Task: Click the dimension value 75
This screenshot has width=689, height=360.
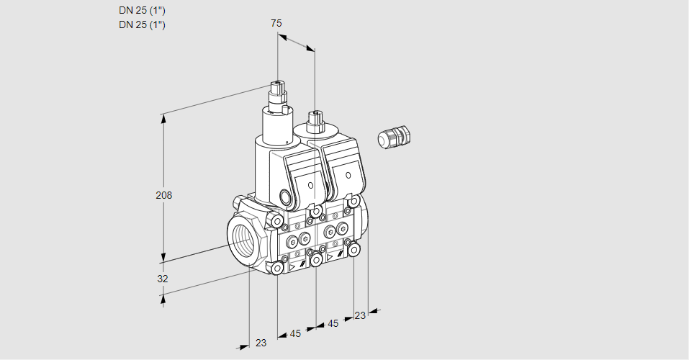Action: pyautogui.click(x=276, y=24)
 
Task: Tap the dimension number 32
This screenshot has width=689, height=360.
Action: pyautogui.click(x=163, y=279)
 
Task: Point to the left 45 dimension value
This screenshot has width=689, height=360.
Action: pyautogui.click(x=295, y=333)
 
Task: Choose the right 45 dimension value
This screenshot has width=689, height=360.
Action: pyautogui.click(x=333, y=324)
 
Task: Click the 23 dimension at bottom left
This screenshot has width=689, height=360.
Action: pyautogui.click(x=261, y=343)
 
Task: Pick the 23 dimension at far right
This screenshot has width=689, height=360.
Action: pyautogui.click(x=360, y=315)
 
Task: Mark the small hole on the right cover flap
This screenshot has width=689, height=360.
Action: pyautogui.click(x=348, y=175)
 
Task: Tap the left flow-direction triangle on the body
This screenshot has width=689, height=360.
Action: pyautogui.click(x=292, y=266)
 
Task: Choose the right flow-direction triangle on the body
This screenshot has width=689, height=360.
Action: pyautogui.click(x=330, y=256)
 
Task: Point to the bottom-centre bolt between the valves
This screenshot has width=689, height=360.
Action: pyautogui.click(x=315, y=258)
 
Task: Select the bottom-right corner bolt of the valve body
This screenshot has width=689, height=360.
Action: pyautogui.click(x=353, y=249)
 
